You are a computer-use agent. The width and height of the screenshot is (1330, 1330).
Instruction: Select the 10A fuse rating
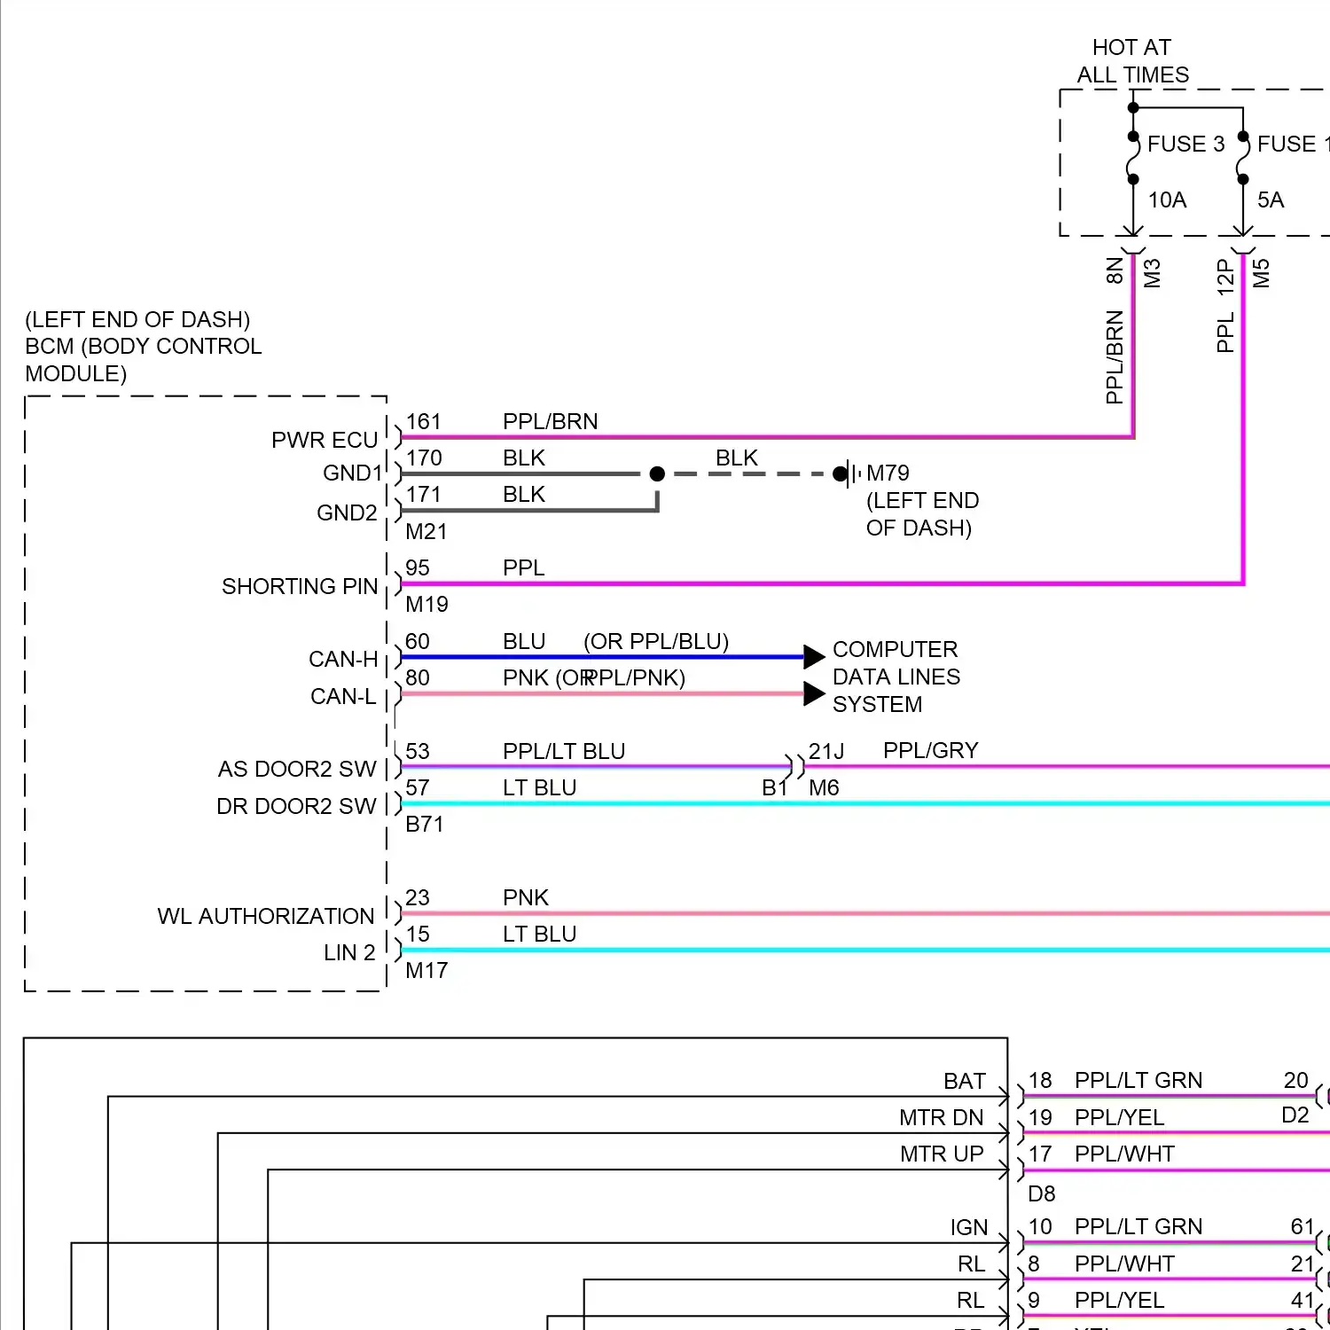(x=1167, y=200)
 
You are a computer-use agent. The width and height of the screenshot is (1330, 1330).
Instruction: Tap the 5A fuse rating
(x=1270, y=200)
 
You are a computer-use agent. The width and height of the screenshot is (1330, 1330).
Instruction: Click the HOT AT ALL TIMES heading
(x=1132, y=61)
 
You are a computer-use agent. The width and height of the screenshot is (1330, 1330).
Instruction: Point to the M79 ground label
(x=888, y=473)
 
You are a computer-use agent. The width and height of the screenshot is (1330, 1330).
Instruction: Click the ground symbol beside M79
(x=852, y=473)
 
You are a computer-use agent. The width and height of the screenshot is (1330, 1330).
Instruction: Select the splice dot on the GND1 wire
(x=657, y=473)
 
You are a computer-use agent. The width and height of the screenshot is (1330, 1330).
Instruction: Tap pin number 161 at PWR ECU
(x=423, y=422)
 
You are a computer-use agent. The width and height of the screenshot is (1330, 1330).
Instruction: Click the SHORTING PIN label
(x=300, y=587)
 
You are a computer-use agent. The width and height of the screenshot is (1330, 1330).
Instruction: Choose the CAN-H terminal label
(x=343, y=660)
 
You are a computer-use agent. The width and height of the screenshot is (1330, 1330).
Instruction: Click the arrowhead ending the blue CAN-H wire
(x=814, y=657)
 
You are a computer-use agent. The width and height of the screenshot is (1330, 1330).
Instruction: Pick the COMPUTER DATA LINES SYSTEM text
(x=896, y=677)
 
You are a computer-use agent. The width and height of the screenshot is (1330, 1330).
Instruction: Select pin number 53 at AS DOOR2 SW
(x=417, y=752)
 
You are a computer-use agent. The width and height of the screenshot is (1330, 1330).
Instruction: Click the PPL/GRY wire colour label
(x=930, y=751)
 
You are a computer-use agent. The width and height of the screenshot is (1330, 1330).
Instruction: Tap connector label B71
(x=424, y=825)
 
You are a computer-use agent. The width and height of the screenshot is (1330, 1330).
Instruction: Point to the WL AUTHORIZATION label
(x=265, y=917)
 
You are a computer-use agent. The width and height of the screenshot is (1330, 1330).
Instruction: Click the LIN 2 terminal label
(x=349, y=953)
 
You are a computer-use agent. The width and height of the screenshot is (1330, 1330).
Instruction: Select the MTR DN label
(x=941, y=1118)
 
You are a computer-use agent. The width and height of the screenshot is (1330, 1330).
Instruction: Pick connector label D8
(x=1042, y=1194)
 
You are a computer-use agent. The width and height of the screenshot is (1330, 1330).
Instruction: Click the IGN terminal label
(x=968, y=1228)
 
